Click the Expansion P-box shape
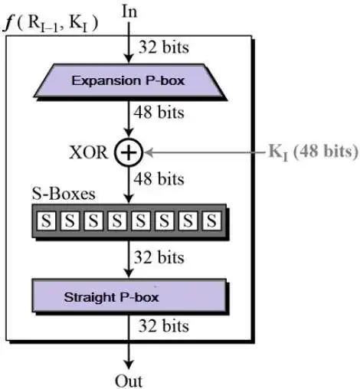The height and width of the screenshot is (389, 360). (128, 80)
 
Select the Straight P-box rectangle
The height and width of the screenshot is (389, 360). (129, 294)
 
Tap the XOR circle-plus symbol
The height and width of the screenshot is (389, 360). (129, 152)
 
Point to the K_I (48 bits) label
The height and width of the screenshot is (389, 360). (312, 152)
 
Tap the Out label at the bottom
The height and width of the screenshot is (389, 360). (129, 380)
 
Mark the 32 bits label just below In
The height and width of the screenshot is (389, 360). (162, 47)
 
